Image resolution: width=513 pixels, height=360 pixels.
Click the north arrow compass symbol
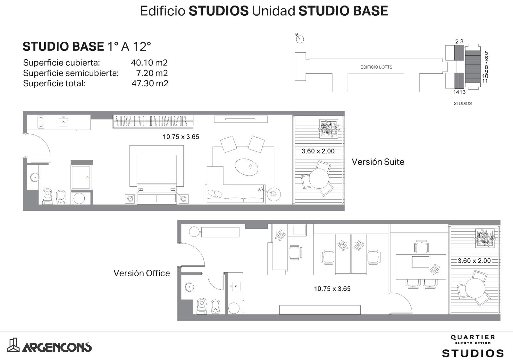pos(299,39)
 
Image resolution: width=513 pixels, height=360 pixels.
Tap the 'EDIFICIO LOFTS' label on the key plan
pos(376,67)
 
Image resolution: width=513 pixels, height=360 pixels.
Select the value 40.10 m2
pos(149,63)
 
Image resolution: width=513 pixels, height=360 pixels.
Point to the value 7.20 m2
pos(152,73)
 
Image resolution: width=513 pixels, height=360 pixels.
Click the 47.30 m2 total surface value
pos(150,83)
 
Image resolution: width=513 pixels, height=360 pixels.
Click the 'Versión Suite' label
pos(378,162)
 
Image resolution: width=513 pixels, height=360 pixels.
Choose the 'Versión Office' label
pos(142,273)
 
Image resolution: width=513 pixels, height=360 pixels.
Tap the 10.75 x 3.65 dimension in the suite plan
pos(181,137)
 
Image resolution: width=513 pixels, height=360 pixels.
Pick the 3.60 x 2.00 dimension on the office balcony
pos(474,261)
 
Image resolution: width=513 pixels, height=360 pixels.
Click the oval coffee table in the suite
pos(247,167)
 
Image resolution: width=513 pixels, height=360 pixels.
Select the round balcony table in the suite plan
pos(319,178)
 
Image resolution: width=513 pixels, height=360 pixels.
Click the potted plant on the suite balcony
pos(329,129)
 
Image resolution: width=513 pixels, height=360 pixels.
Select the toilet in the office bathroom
pos(202,306)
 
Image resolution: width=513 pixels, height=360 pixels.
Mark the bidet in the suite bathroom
pos(61,197)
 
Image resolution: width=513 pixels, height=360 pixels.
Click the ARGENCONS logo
pos(49,345)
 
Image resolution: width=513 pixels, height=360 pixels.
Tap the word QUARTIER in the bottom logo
pos(473,337)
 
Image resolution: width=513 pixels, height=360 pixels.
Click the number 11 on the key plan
pos(484,81)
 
